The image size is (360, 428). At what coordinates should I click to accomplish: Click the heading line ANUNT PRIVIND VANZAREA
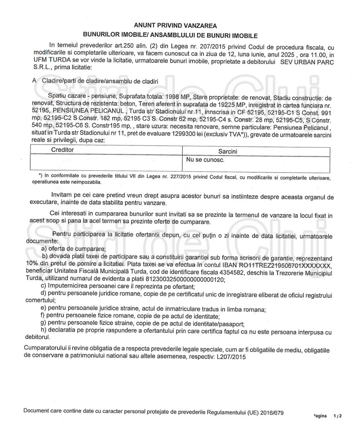175,26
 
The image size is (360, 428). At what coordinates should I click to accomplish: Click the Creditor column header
62,150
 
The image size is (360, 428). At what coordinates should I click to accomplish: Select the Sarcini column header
228,152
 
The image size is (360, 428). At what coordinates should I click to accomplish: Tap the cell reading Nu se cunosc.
205,160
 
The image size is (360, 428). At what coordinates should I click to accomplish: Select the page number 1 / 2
337,416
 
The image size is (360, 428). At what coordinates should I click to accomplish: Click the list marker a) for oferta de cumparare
44,249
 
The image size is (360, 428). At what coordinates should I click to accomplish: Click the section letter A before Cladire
35,81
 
